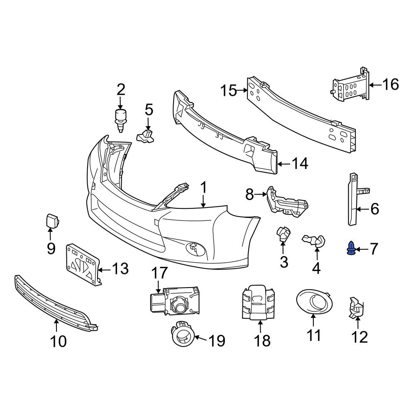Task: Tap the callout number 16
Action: (x=390, y=85)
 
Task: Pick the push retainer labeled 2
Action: (x=120, y=119)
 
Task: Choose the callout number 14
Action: (x=300, y=164)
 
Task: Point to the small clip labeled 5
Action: (x=145, y=135)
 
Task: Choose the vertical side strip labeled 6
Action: (x=352, y=199)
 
